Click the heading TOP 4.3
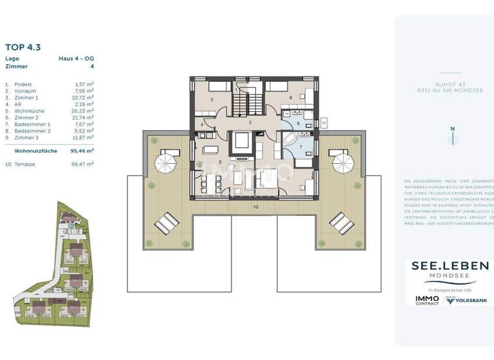pyautogui.click(x=23, y=46)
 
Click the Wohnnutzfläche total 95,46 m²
pyautogui.click(x=82, y=150)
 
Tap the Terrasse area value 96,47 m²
pyautogui.click(x=82, y=164)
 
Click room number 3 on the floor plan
pyautogui.click(x=212, y=100)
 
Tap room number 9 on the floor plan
pyautogui.click(x=291, y=98)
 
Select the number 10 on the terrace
pyautogui.click(x=255, y=207)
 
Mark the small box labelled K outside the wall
pyautogui.click(x=324, y=121)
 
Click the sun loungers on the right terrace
pyautogui.click(x=340, y=222)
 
